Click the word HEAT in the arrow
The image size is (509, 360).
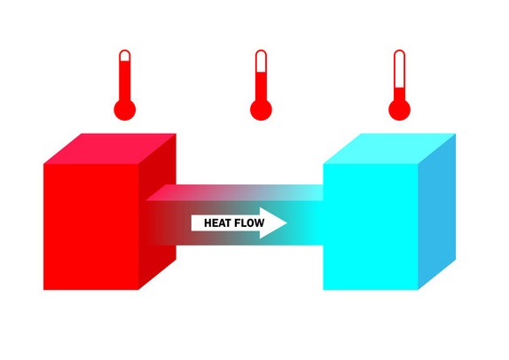[x=217, y=223]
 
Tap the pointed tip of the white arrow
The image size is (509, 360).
[x=287, y=223]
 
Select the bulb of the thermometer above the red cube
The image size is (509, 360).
[x=125, y=110]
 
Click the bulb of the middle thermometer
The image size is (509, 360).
[x=261, y=110]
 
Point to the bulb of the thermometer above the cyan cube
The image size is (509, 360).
[x=400, y=110]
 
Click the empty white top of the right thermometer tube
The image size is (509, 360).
[x=400, y=70]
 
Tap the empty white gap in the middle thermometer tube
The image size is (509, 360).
[x=261, y=62]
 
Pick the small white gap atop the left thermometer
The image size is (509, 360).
[x=125, y=56]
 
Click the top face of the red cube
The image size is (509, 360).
[x=110, y=149]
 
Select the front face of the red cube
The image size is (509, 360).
[x=91, y=227]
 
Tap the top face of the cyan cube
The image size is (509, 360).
[x=389, y=149]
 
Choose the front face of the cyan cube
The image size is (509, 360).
[x=371, y=227]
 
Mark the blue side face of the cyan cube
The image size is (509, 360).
[x=437, y=212]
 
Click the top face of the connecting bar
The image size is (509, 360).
[x=234, y=192]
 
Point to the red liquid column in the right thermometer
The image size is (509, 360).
[x=400, y=95]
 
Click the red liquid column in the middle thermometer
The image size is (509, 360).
[x=261, y=87]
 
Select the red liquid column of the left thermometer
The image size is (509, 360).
[x=125, y=82]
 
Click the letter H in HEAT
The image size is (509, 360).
[x=208, y=223]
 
